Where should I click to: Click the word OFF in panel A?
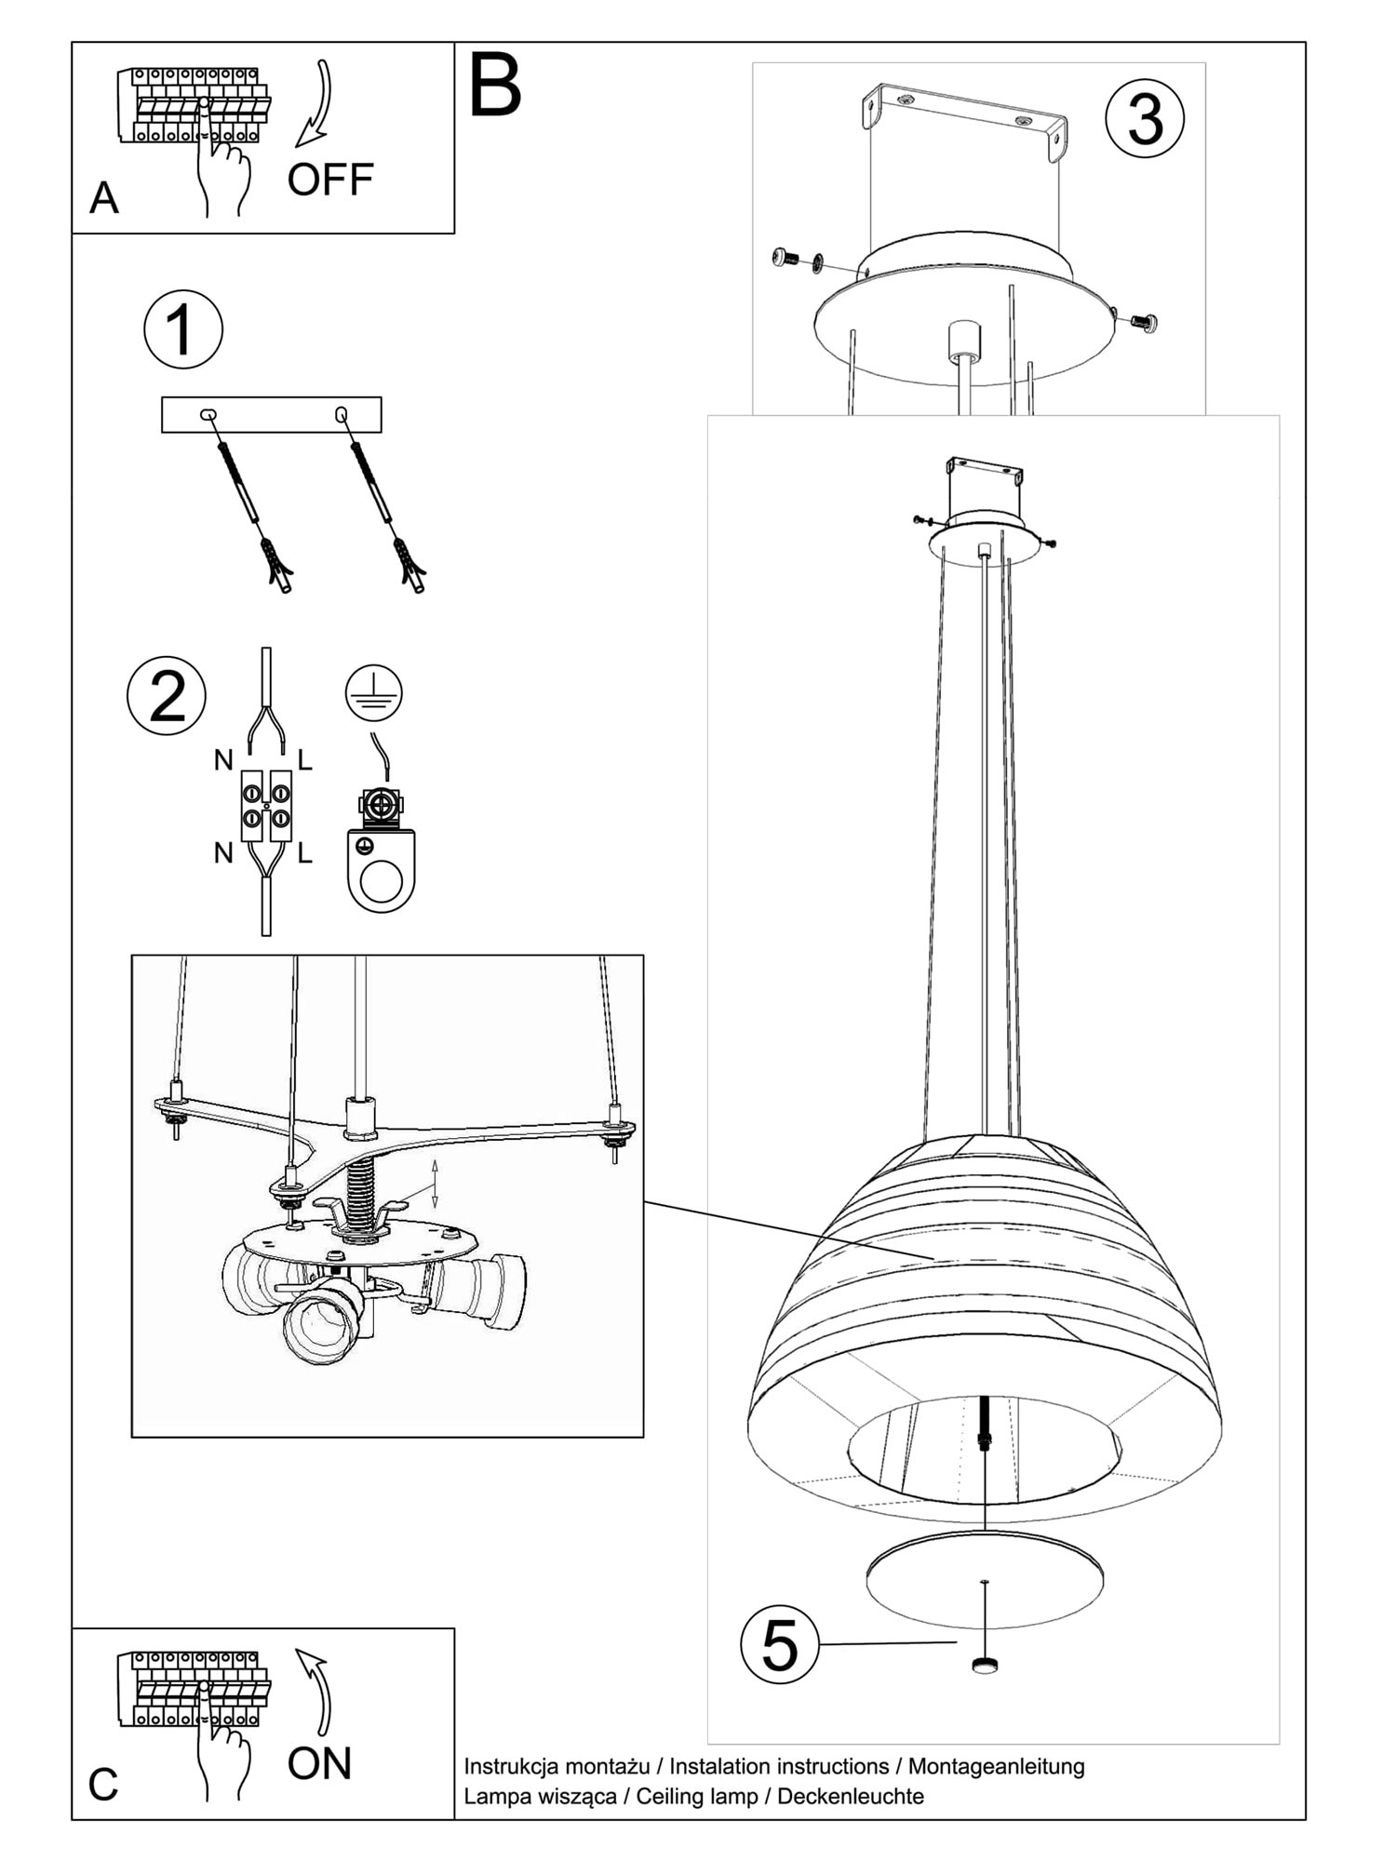[329, 180]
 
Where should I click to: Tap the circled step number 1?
[183, 329]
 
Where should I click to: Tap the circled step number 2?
[167, 696]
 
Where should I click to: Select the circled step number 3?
[1145, 120]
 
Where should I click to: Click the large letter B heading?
[494, 87]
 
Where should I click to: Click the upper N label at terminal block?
[222, 760]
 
